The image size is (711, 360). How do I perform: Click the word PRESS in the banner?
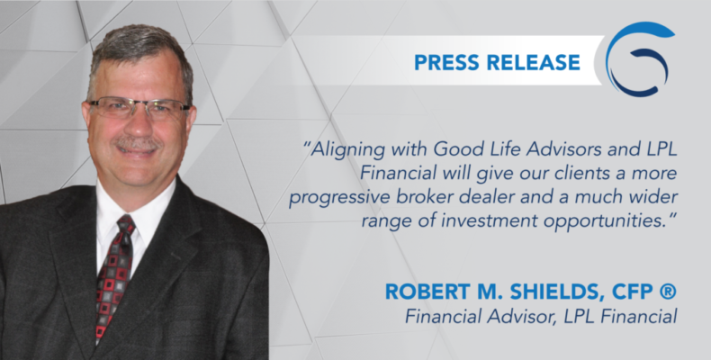click(447, 63)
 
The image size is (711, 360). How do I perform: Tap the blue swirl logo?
click(640, 58)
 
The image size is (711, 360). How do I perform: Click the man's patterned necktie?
click(113, 276)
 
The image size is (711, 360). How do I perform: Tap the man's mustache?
click(136, 143)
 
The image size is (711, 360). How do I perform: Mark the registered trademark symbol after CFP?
click(668, 292)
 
